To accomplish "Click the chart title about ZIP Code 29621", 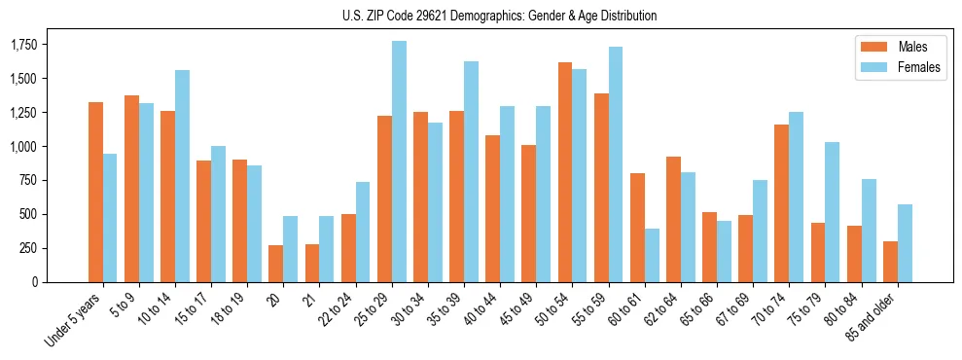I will [500, 16].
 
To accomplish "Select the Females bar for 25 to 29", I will [399, 162].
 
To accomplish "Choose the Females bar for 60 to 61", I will [652, 255].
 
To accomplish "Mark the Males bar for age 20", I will [275, 264].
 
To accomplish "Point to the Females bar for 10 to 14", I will [182, 176].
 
